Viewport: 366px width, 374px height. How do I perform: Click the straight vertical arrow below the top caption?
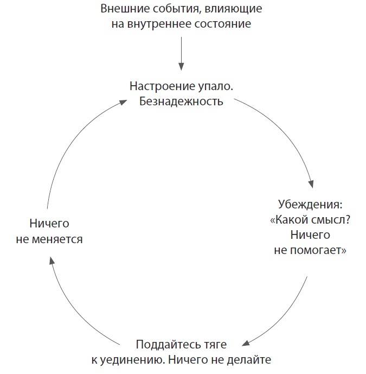pyautogui.click(x=182, y=54)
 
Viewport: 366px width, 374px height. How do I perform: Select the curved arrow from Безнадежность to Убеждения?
pyautogui.click(x=287, y=136)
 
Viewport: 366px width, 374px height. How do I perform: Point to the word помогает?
pyautogui.click(x=320, y=251)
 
